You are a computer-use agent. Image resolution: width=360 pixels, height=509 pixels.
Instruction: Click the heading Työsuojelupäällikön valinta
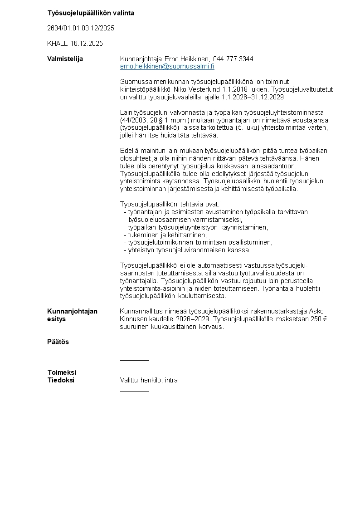91,13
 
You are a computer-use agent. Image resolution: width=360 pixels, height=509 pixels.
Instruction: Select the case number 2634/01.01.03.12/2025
81,28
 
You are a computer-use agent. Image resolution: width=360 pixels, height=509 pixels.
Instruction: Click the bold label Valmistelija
65,59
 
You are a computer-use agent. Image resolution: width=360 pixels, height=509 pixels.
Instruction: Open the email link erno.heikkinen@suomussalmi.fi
167,66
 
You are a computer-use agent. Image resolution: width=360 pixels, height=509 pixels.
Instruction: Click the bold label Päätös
58,342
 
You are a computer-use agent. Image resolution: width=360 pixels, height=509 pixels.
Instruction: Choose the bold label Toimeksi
62,372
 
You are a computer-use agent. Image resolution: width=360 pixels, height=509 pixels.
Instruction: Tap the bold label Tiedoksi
61,380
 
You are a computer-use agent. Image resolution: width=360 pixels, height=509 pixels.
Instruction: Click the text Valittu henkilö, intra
149,380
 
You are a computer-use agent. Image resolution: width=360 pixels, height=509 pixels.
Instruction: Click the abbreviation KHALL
57,44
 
